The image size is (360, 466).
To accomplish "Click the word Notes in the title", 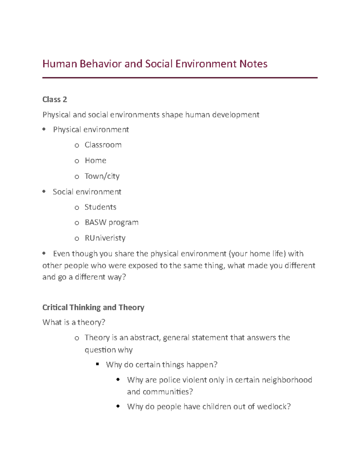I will [253, 64].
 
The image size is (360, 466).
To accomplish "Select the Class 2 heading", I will [55, 99].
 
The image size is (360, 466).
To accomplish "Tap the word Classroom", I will [103, 145].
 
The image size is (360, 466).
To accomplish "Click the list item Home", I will [95, 161].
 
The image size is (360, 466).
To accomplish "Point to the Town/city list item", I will [102, 176].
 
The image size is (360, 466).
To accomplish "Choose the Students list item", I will [100, 207].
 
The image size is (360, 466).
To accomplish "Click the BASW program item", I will [111, 222].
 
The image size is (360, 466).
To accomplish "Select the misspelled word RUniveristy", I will [105, 238].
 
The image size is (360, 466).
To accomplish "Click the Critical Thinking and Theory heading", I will [93, 307].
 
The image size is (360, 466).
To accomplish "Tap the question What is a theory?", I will [74, 322].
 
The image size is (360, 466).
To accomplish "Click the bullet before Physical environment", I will [44, 129].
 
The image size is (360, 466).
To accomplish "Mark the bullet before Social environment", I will [44, 191].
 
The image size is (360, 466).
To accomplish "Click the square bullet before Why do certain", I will [97, 364].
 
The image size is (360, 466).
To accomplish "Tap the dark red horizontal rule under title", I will [180, 78].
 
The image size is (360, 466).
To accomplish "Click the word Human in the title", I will [60, 64].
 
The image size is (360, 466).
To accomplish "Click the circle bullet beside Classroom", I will [77, 146].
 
